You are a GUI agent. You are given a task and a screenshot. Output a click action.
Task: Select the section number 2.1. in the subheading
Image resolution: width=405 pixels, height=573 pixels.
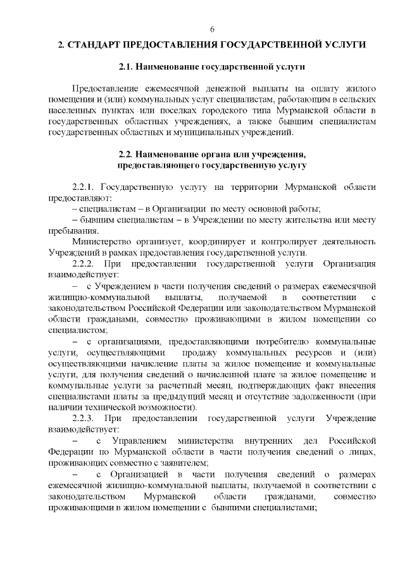129,66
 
